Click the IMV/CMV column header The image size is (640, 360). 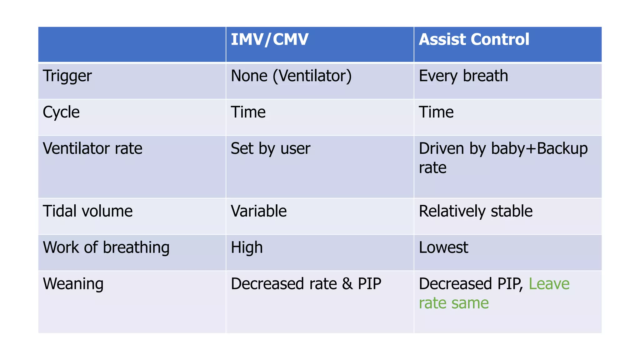click(x=269, y=40)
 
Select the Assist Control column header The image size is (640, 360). click(x=474, y=40)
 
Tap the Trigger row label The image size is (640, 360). click(x=67, y=76)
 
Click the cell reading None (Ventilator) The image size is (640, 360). click(x=291, y=76)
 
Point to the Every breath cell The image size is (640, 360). click(x=463, y=76)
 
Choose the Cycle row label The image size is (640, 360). click(x=61, y=112)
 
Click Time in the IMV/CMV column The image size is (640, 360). click(x=248, y=112)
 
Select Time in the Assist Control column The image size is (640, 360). click(x=436, y=112)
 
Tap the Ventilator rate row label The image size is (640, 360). click(x=92, y=148)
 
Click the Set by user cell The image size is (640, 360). click(x=270, y=149)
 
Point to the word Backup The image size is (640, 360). click(x=562, y=149)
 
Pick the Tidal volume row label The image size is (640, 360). click(x=87, y=211)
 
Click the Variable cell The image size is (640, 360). click(x=259, y=211)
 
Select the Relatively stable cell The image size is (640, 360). click(x=475, y=211)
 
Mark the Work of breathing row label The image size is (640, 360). click(x=106, y=248)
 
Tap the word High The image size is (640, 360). click(x=247, y=248)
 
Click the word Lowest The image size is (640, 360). click(x=443, y=247)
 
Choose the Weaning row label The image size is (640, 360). click(x=73, y=284)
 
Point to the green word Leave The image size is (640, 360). click(x=549, y=284)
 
